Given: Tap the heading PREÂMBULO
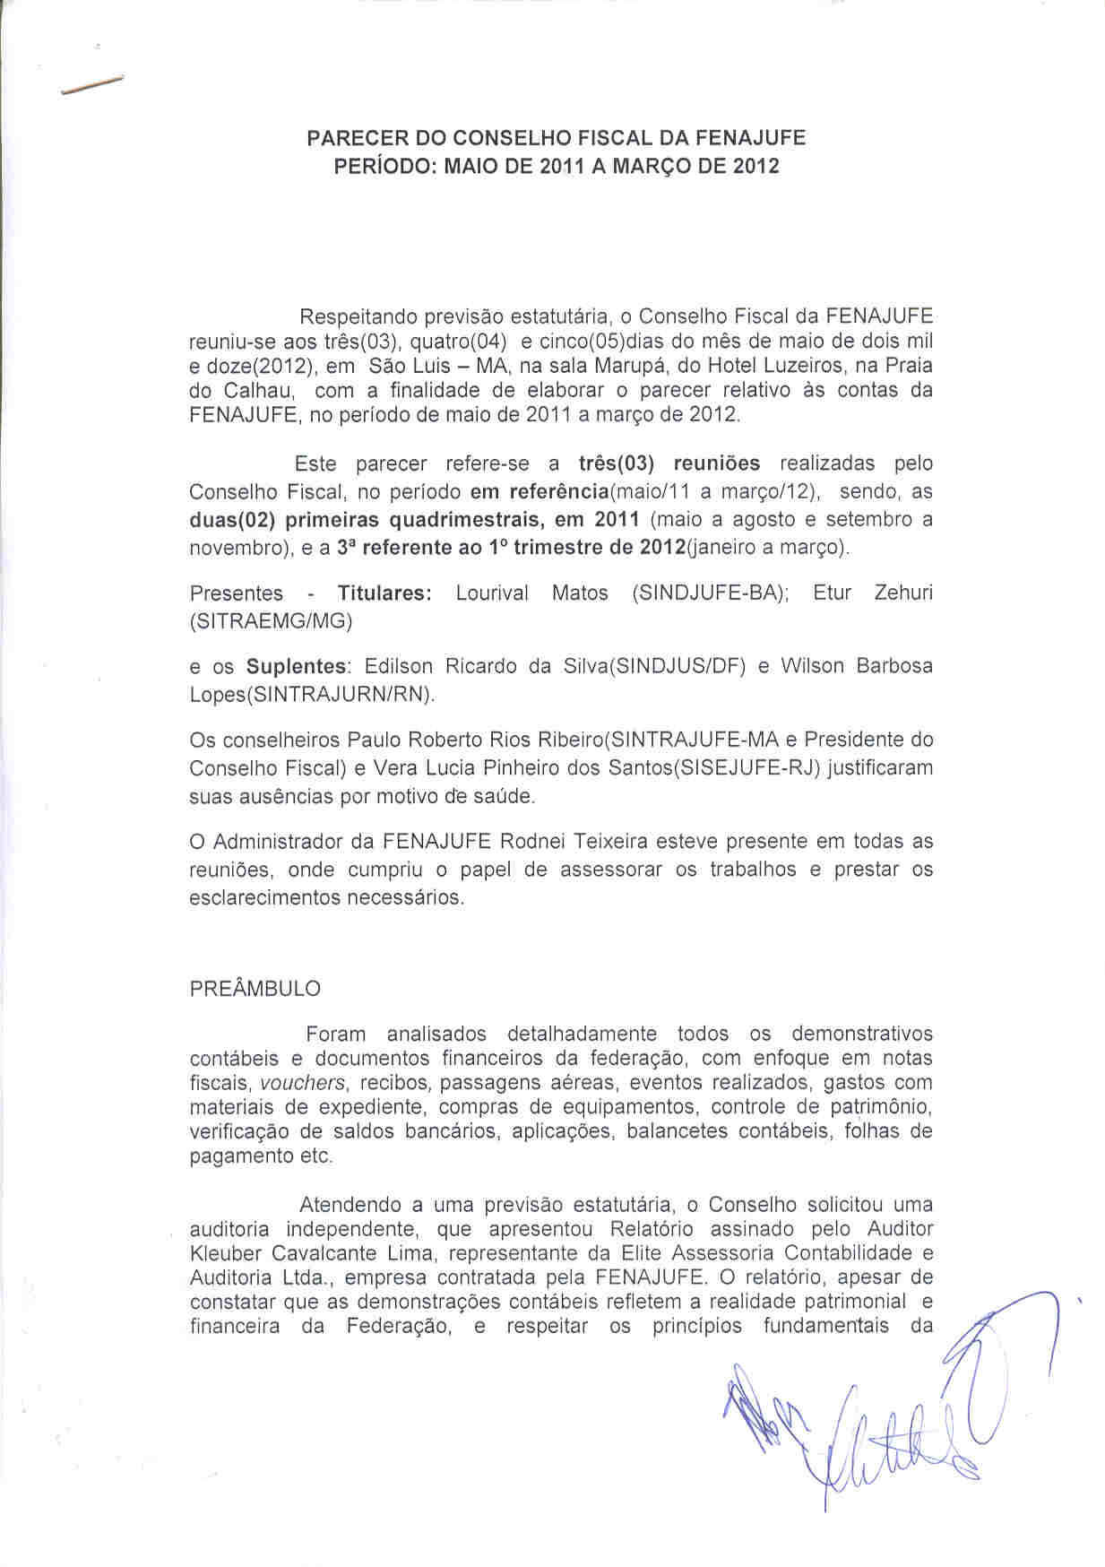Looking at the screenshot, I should [255, 989].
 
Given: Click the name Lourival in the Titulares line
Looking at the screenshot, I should [492, 593].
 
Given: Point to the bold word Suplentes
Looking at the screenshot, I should [297, 667].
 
